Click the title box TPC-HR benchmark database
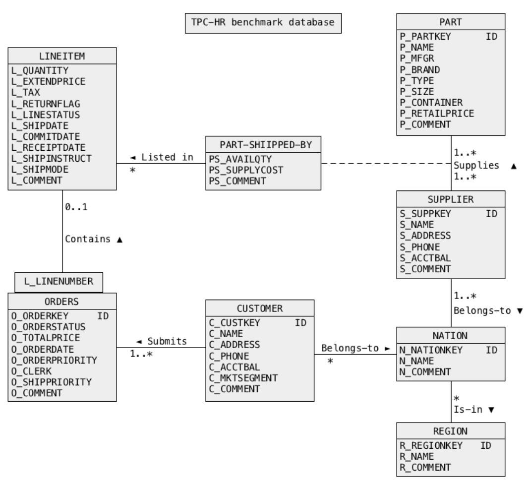tap(263, 23)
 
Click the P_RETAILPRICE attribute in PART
tap(437, 113)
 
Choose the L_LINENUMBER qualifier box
tap(59, 281)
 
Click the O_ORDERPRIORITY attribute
tap(54, 360)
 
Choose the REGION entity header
tap(451, 430)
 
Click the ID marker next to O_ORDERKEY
tap(103, 316)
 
